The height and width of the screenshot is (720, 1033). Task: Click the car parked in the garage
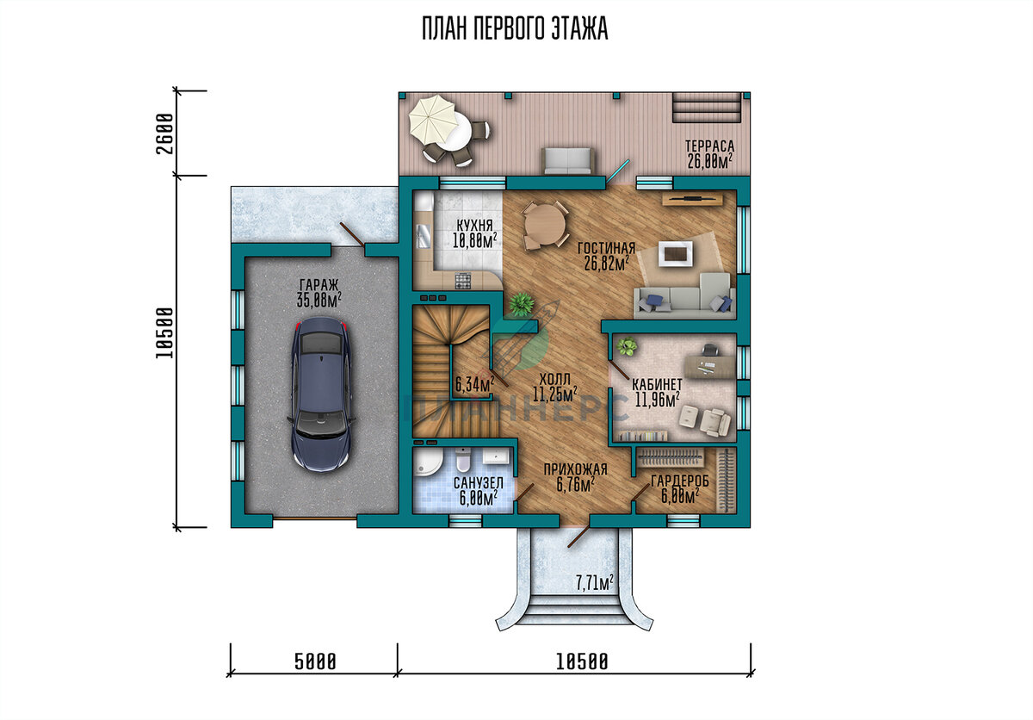coord(321,394)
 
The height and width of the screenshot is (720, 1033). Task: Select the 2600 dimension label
coord(164,133)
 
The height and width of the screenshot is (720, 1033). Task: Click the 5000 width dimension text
coord(315,662)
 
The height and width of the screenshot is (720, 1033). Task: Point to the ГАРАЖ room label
coord(319,284)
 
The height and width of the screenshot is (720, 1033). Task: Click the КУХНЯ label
coord(474,226)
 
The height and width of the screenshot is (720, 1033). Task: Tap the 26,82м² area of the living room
coord(606,264)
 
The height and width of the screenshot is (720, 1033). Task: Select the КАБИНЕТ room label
coord(657,384)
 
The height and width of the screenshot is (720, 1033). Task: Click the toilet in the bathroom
coord(462,460)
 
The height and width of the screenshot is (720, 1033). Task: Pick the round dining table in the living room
coord(547,226)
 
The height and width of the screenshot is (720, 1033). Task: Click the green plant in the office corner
coord(627,346)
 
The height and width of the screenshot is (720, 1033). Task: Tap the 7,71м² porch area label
coord(594,582)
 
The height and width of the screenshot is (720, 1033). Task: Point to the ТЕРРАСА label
coord(709,146)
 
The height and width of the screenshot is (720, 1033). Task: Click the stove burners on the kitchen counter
coord(463,281)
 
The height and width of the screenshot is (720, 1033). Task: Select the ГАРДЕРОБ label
coord(679,481)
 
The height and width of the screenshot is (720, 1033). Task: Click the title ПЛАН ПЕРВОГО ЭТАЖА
coord(515,28)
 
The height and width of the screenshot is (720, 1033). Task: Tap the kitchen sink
coord(424,238)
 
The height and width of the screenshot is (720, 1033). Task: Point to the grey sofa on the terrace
coord(567,161)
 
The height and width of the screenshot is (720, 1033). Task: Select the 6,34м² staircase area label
coord(475,384)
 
